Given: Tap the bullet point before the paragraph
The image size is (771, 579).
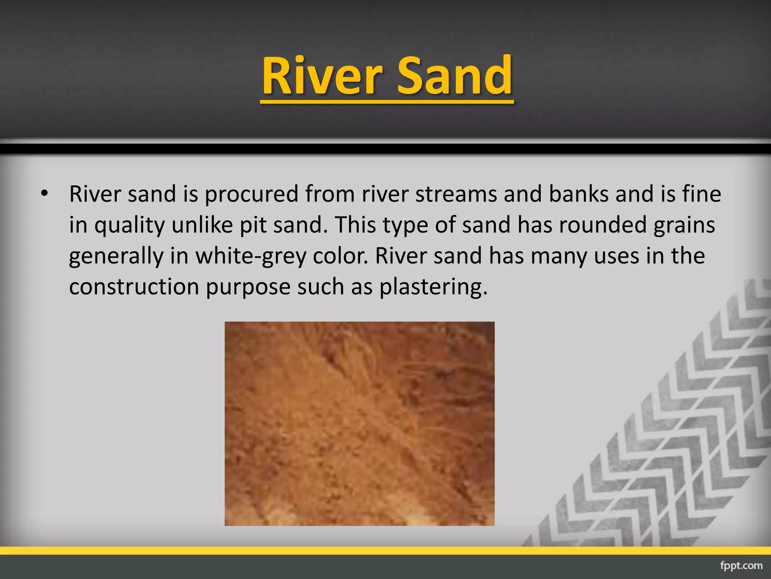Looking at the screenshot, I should pos(45,194).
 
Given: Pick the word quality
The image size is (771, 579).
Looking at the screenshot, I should pos(129,225).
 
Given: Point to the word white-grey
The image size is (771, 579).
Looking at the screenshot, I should pos(250,256).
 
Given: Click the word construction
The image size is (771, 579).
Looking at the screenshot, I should pos(134,287).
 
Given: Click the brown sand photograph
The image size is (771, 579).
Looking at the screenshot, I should pos(360,423).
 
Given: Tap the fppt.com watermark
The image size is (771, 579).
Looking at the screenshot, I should pos(741,566).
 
